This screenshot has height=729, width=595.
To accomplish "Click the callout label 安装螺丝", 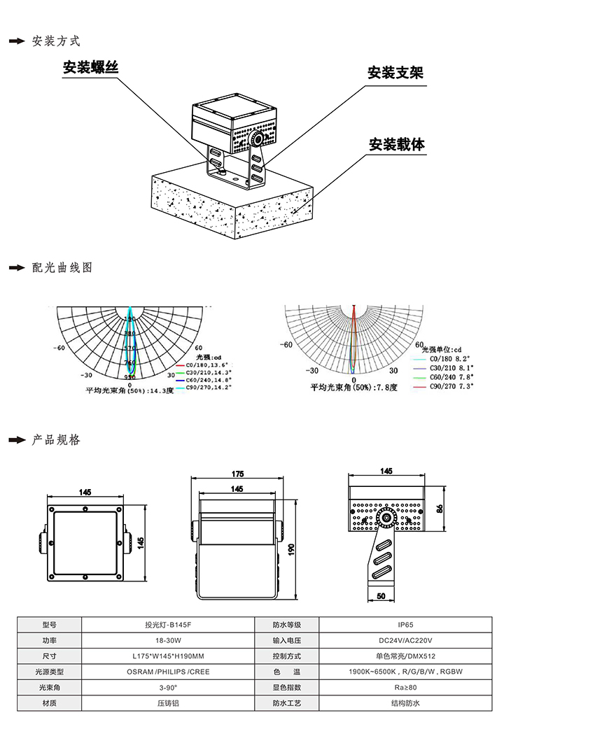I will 90,67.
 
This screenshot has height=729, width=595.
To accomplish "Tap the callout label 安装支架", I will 395,73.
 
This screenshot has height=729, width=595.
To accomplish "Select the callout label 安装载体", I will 397,145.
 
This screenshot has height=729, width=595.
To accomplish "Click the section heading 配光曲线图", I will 62,268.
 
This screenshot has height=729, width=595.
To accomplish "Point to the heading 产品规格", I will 57,440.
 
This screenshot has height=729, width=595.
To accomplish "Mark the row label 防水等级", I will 286,625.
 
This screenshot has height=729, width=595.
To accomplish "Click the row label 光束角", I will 49,688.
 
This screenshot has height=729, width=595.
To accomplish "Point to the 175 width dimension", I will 238,475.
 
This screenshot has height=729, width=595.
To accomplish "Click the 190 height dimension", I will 292,550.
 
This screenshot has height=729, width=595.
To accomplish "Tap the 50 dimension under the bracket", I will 381,596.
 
